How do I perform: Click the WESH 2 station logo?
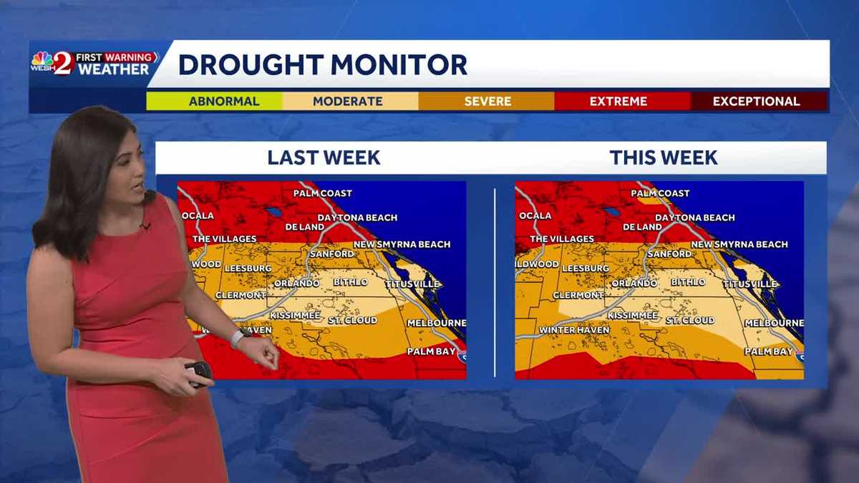point(54,63)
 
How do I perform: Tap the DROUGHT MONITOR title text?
point(322,64)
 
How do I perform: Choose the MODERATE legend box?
point(348,102)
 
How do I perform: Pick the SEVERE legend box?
point(487,102)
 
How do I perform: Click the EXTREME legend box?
point(618,102)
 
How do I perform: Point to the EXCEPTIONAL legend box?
point(756,102)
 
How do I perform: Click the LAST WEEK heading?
point(324,157)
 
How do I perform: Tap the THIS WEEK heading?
point(664,157)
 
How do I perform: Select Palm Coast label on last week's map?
point(322,193)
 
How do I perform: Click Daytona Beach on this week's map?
point(694,218)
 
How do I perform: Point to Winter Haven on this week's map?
point(574,330)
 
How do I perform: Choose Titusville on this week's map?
point(749,284)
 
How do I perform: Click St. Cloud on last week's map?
point(352,321)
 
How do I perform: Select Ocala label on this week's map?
point(535,215)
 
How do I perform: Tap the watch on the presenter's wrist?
point(237,338)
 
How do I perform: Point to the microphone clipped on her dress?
point(146,226)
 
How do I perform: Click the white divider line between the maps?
point(495,283)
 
